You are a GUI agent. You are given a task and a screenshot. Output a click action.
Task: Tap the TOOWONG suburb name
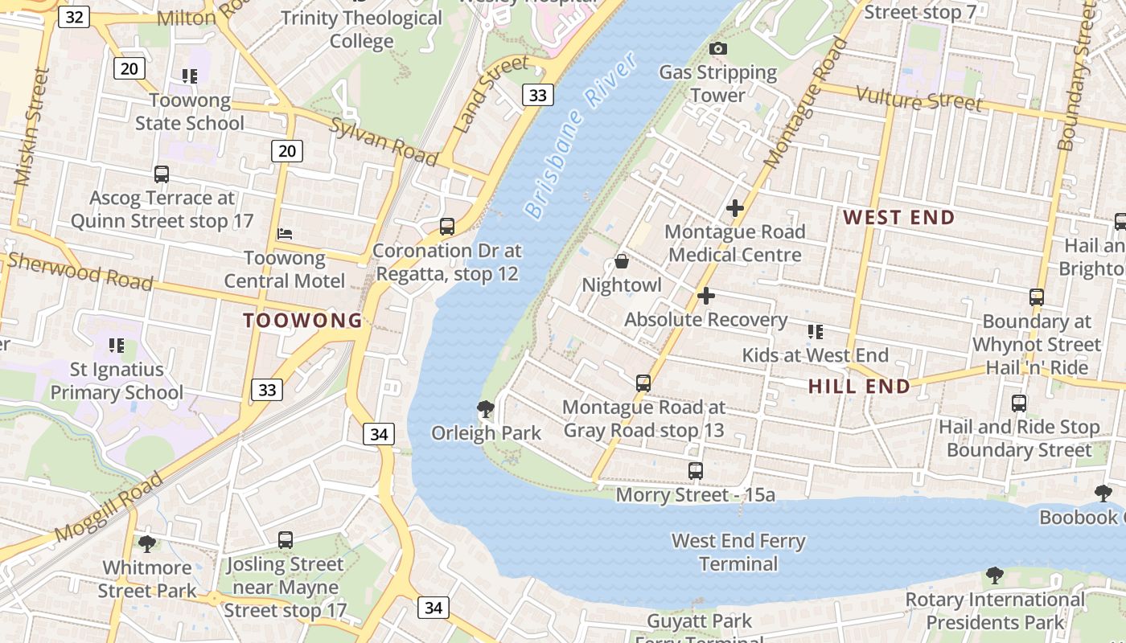tap(303, 321)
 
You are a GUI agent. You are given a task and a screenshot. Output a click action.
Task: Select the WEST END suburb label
tap(899, 217)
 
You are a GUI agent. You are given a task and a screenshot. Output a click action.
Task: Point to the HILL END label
tap(859, 387)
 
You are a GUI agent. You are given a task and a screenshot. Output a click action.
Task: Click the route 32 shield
tap(73, 17)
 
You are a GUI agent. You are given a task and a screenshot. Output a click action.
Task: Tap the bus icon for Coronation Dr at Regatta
tap(447, 227)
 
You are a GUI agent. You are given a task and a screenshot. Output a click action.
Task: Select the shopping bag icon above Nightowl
tap(621, 261)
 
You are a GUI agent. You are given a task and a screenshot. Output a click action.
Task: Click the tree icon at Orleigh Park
tap(485, 409)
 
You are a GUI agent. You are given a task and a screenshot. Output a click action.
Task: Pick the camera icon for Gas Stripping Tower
tap(717, 49)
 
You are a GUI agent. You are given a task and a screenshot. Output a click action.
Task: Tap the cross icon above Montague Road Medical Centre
tap(734, 208)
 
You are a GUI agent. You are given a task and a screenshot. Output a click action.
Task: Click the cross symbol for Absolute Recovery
tap(705, 296)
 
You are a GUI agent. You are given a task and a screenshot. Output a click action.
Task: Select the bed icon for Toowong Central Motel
tap(284, 234)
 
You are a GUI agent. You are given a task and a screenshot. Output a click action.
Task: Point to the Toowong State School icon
tap(189, 76)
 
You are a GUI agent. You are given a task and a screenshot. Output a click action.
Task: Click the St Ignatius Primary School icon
tap(116, 346)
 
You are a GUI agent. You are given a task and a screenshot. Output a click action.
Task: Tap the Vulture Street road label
tap(918, 99)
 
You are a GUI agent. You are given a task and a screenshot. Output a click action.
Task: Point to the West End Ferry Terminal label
tap(738, 552)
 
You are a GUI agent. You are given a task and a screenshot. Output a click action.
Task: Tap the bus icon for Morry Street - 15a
tap(696, 471)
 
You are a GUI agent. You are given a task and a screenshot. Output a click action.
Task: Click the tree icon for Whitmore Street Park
tap(146, 544)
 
